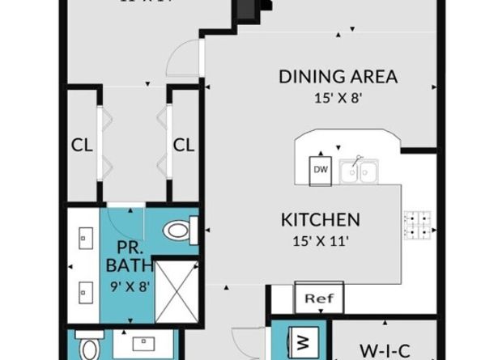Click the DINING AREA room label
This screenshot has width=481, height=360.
[338, 77]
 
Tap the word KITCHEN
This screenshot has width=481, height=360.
[320, 219]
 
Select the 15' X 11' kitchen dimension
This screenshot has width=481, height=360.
[320, 239]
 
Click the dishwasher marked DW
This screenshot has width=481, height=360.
[321, 170]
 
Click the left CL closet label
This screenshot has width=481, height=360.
[81, 146]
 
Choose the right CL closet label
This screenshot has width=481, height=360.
[185, 146]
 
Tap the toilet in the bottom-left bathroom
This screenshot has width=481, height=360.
[87, 348]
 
